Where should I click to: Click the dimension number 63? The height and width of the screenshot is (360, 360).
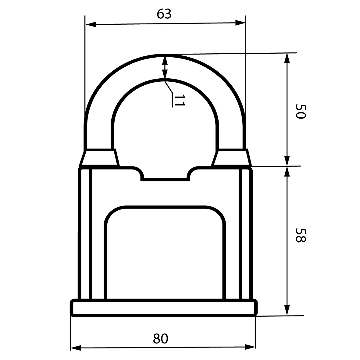point(164,14)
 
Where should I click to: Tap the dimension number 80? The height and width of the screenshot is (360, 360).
point(160,338)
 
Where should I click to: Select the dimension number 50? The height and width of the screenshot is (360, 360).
point(301,112)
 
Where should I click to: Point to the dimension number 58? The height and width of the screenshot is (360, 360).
point(301,235)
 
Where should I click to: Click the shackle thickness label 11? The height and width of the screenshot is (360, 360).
point(179,100)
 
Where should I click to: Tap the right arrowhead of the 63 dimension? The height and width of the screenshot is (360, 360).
point(241,23)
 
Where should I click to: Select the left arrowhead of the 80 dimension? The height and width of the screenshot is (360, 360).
point(76,348)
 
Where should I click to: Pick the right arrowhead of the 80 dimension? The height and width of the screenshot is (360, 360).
point(250,347)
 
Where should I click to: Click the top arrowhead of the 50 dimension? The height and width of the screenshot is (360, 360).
point(287,58)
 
